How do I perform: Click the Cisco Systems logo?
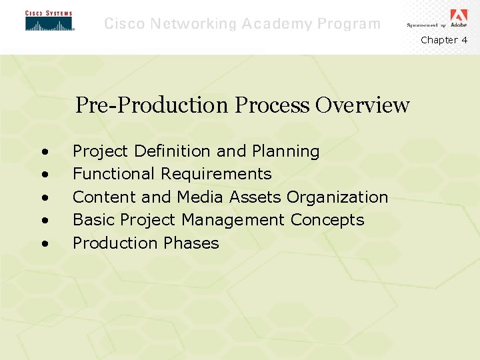49,21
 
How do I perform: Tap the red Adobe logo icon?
459,15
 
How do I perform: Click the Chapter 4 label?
444,40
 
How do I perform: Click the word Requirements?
216,174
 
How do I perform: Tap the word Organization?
337,197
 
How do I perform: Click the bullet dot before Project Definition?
44,152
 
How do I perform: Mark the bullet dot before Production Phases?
44,243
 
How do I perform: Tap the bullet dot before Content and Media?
44,198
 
